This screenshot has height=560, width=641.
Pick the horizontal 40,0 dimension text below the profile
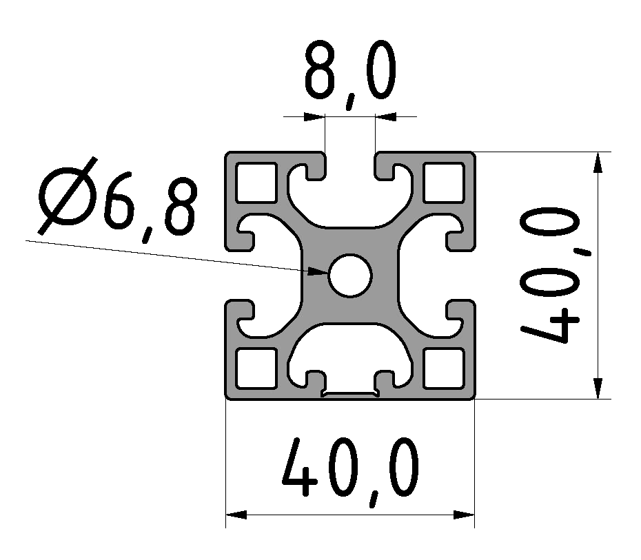click(350, 471)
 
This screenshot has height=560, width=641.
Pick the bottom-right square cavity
click(443, 368)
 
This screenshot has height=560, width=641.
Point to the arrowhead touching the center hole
click(318, 271)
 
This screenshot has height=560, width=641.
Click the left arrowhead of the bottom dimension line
click(236, 515)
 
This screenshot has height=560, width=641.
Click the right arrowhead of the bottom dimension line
click(465, 515)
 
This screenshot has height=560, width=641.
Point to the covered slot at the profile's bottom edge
click(350, 395)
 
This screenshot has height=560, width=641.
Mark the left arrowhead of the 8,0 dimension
click(315, 116)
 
